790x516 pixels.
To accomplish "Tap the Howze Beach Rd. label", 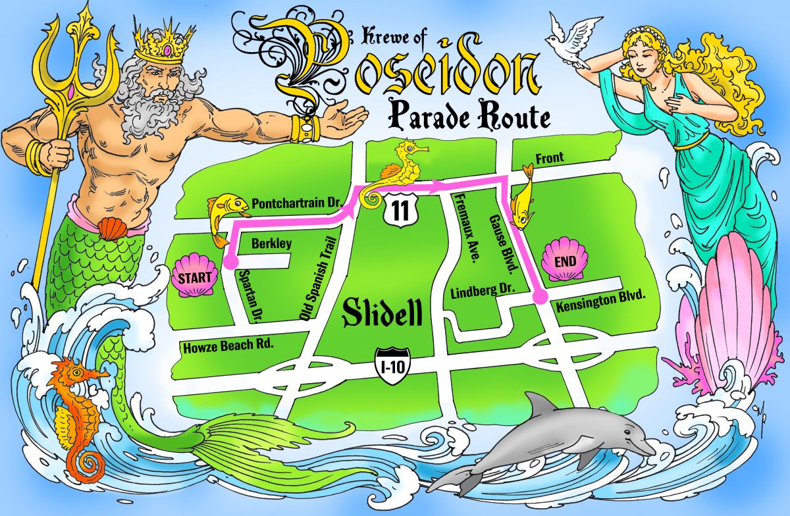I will point(226,344).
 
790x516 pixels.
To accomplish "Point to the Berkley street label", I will point(272,244).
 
